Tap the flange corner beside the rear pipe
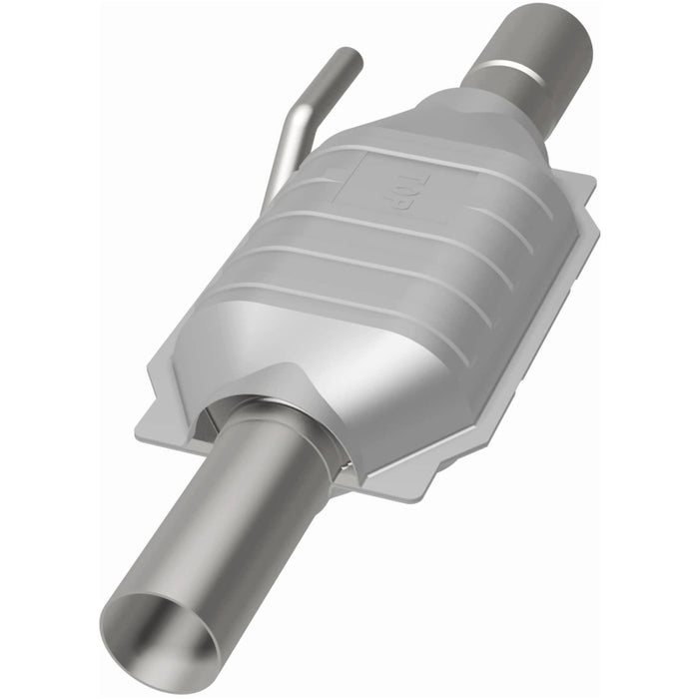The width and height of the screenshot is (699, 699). pyautogui.click(x=584, y=185)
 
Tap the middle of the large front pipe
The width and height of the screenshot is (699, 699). pyautogui.click(x=230, y=519)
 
